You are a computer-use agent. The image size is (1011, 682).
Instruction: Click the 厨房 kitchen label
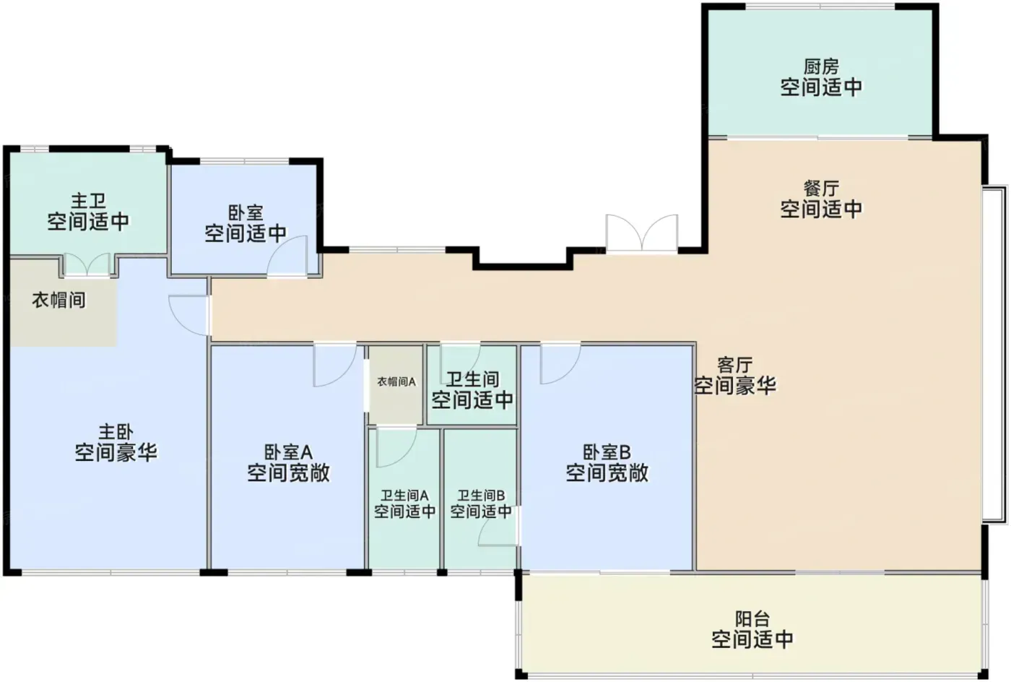coord(821,67)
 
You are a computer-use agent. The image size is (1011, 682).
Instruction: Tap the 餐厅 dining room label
coord(821,189)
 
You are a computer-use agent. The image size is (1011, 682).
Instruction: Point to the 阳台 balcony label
coord(752,618)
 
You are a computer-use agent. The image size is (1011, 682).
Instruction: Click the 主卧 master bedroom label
coord(116,432)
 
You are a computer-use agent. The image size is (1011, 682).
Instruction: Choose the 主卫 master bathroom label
coord(88,201)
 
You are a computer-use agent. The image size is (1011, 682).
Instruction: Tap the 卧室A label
coord(288,452)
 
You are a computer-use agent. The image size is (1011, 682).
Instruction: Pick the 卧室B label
coord(607,452)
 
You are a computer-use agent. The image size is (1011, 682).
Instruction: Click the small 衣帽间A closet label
coord(396,382)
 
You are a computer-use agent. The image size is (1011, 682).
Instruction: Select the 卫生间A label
coord(404,496)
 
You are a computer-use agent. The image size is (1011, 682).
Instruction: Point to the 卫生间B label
coord(481,496)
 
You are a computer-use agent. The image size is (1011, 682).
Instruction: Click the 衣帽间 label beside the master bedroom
coord(58,301)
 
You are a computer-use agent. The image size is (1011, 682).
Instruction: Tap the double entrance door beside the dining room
coord(642,233)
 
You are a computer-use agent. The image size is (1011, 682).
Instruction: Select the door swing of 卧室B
coord(560,363)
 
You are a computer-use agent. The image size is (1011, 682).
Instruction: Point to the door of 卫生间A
coord(396,447)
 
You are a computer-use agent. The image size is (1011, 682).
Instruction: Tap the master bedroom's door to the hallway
coord(189,316)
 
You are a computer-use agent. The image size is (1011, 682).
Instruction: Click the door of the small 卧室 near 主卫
coord(287,256)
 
